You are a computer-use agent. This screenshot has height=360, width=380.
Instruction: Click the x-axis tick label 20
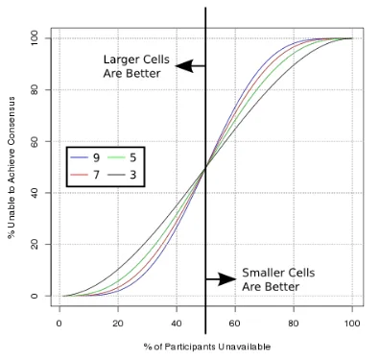(118, 324)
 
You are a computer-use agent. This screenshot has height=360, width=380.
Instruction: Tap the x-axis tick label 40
(177, 324)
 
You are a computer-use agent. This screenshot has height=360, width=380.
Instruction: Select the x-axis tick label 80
(294, 324)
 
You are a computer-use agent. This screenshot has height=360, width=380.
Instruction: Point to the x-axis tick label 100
(352, 324)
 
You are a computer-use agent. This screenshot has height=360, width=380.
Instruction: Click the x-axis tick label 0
(59, 324)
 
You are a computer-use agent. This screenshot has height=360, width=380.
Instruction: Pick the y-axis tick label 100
(35, 38)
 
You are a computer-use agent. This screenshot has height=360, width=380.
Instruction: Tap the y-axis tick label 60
(35, 141)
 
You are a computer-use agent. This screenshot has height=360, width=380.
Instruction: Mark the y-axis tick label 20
(35, 245)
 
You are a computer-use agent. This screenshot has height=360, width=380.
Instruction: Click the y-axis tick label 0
(35, 296)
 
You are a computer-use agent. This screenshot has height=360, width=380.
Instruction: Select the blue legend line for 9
(79, 157)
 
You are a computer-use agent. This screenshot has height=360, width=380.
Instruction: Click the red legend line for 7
(79, 175)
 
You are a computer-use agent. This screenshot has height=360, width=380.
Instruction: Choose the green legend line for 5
(116, 157)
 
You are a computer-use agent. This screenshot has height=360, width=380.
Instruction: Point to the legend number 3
(133, 175)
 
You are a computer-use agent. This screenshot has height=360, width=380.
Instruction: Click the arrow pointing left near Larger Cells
(190, 66)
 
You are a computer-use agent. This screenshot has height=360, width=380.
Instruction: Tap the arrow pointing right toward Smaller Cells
(221, 279)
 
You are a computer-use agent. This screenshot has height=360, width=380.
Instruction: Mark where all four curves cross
(205, 167)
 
